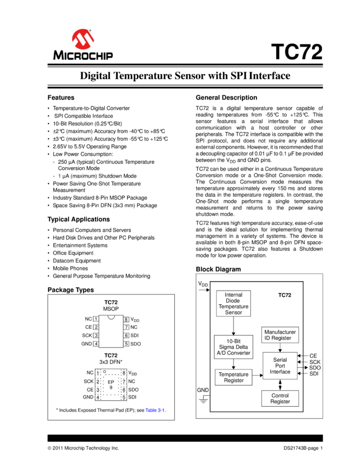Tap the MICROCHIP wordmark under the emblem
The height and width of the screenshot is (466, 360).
point(83,55)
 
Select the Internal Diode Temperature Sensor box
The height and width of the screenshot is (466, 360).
point(233,304)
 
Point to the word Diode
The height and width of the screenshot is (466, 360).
point(233,300)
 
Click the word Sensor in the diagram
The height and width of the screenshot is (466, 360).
point(233,312)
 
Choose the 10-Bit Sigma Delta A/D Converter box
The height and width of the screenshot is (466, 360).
point(233,347)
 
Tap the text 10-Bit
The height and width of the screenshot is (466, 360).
point(233,341)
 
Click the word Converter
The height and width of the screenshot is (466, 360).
point(239,353)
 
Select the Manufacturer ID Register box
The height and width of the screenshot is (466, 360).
point(280,335)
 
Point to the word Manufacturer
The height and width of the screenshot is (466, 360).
point(280,332)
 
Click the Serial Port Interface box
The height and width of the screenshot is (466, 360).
point(280,366)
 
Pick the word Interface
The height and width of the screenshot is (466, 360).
point(280,372)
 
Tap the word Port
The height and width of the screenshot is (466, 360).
point(280,366)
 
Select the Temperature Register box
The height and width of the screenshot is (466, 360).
point(233,377)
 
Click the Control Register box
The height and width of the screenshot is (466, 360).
point(280,399)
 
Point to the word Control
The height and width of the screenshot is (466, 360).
point(280,395)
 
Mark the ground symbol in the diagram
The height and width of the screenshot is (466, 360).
point(203,402)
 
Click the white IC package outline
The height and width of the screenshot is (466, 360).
point(111,332)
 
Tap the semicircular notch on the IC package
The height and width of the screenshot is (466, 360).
point(111,317)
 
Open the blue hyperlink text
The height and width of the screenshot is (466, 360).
point(155,410)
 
